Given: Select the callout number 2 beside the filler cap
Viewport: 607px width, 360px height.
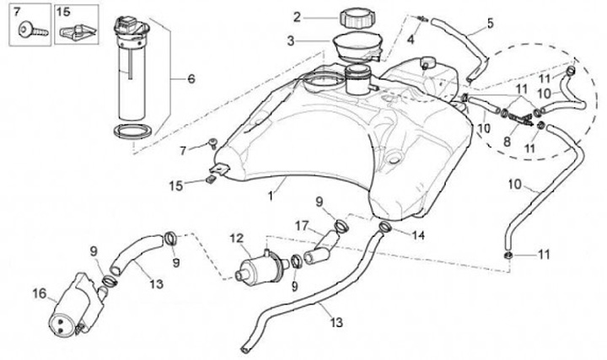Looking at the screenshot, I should point(297,16).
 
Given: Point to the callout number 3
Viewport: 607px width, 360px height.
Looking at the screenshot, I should point(291,40).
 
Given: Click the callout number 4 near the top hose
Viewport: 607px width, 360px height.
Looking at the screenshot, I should point(411,39).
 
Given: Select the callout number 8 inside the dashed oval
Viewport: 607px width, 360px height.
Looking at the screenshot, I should point(507,142).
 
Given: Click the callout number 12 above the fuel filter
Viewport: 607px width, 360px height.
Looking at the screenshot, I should point(236,239).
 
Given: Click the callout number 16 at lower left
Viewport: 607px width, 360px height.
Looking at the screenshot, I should point(39,293).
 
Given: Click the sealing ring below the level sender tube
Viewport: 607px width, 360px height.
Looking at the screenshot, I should point(135,131).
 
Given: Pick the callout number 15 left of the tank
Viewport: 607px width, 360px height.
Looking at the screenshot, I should point(175,184).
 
